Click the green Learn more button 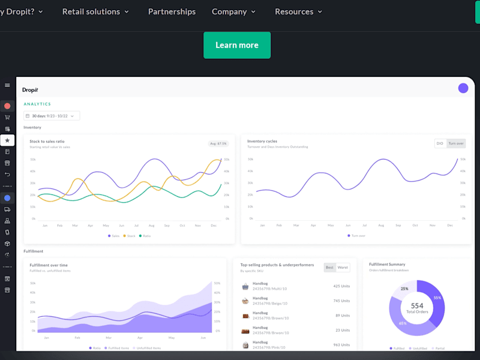click(237, 45)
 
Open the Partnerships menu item click(172, 11)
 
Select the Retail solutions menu click(95, 11)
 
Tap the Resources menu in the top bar click(298, 11)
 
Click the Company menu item click(233, 11)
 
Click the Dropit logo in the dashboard click(30, 89)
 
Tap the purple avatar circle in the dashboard click(463, 88)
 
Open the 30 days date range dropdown click(52, 116)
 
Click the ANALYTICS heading click(37, 104)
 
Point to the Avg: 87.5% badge click(218, 143)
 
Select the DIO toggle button click(440, 143)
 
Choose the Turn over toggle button click(456, 143)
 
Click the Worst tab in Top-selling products click(343, 268)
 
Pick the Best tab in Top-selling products click(329, 268)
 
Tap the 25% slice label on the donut click(404, 289)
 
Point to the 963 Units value click(342, 345)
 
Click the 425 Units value click(342, 286)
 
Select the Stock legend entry click(130, 236)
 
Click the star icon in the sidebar click(7, 140)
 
